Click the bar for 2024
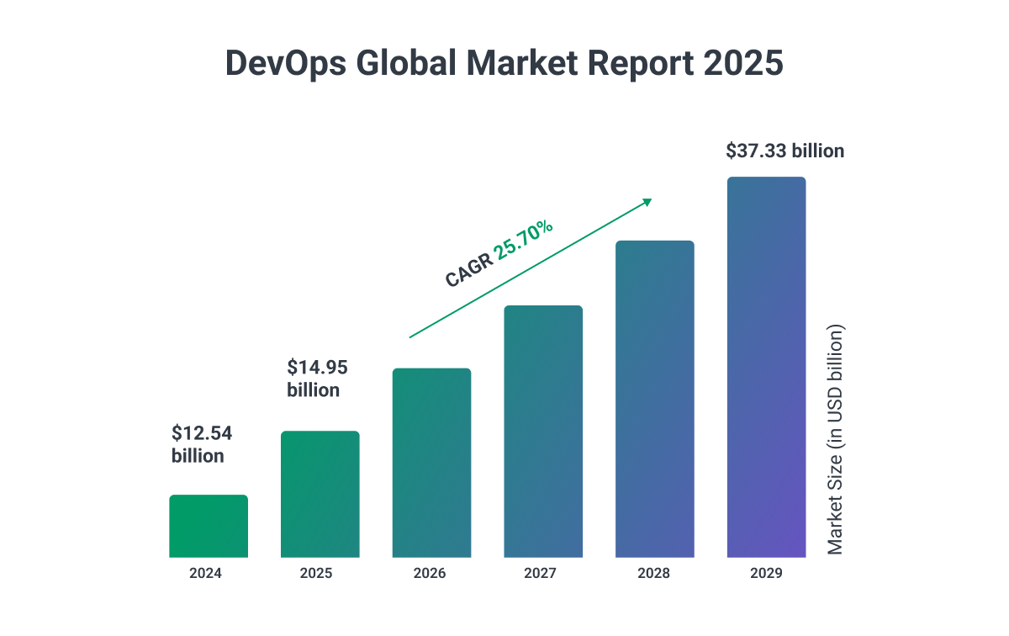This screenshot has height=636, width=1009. pyautogui.click(x=209, y=526)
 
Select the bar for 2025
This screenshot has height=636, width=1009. pyautogui.click(x=320, y=495)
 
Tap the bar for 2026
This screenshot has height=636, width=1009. pyautogui.click(x=431, y=463)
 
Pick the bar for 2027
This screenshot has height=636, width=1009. pyautogui.click(x=543, y=431)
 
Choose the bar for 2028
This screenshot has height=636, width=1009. pyautogui.click(x=655, y=399)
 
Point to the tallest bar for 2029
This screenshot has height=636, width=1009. pyautogui.click(x=766, y=367)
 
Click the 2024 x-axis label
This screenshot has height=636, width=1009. pyautogui.click(x=206, y=574)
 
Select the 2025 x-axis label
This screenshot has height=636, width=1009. pyautogui.click(x=316, y=574)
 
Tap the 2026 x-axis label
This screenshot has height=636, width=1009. pyautogui.click(x=430, y=574)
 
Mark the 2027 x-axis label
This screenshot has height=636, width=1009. pyautogui.click(x=541, y=574)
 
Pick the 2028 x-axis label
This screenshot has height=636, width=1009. pyautogui.click(x=654, y=574)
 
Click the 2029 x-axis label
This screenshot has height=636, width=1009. pyautogui.click(x=766, y=574)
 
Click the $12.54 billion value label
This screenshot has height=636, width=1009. pyautogui.click(x=202, y=444)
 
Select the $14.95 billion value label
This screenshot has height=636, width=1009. pyautogui.click(x=317, y=378)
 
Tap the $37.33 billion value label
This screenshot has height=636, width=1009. pyautogui.click(x=785, y=151)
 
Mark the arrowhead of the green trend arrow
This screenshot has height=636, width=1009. pyautogui.click(x=647, y=201)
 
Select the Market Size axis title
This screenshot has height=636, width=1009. pyautogui.click(x=834, y=439)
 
